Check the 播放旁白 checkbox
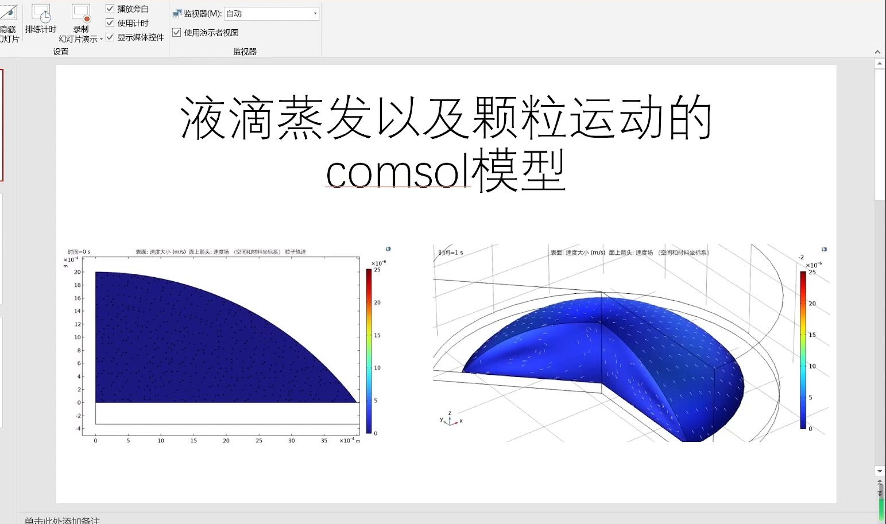[110, 9]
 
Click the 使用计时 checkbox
[110, 23]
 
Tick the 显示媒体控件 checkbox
[110, 37]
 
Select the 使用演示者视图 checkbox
[177, 33]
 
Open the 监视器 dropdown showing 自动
[315, 13]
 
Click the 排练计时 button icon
[41, 13]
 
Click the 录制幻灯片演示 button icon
[81, 13]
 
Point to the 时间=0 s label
[79, 252]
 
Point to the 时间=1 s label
[450, 253]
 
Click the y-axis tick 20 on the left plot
[78, 272]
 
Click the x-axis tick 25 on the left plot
[259, 441]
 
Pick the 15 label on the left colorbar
[377, 335]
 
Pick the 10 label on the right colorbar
[812, 366]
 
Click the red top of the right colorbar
[803, 274]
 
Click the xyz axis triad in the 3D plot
[450, 421]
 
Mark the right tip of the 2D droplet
[357, 401]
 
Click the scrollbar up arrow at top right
[880, 64]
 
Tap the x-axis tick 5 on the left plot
[128, 441]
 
